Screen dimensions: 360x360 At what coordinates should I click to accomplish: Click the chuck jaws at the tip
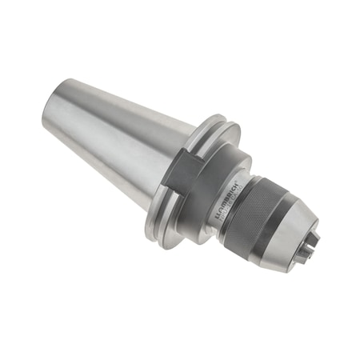point(310,239)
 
